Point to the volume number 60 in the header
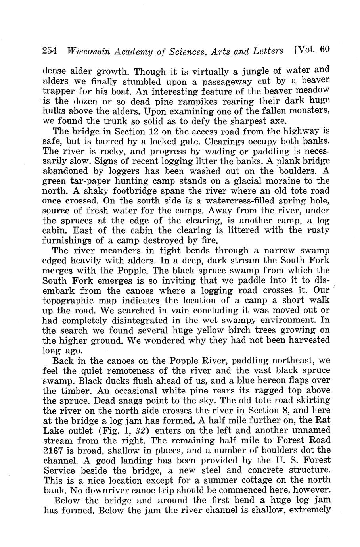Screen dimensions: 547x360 click(325, 50)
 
